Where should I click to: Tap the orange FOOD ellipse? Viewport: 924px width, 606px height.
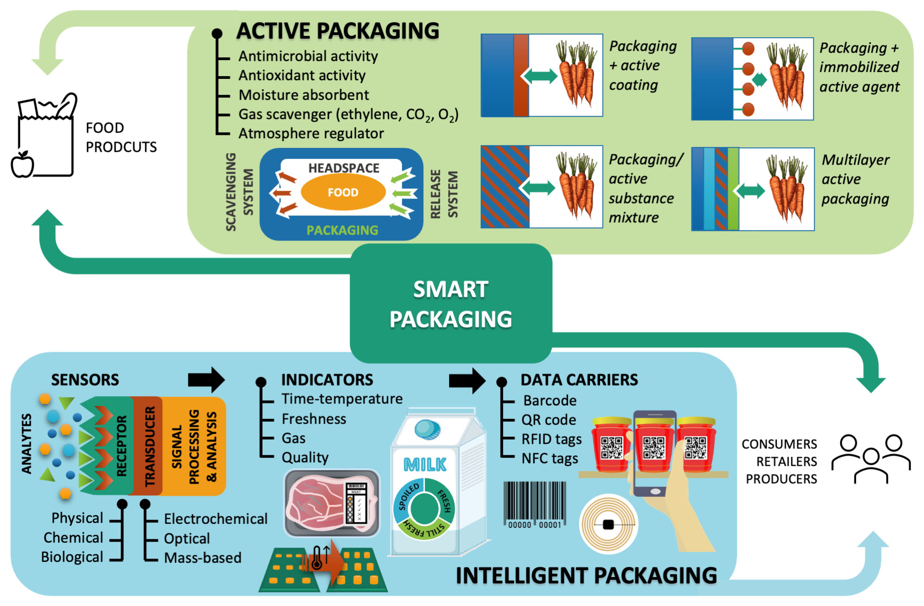[343, 192]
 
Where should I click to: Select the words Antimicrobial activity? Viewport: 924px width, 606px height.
[308, 56]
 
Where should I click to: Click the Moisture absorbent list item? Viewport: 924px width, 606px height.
[304, 95]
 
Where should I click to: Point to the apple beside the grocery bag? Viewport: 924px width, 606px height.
[22, 165]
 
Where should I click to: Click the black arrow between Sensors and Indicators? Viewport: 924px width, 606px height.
[206, 379]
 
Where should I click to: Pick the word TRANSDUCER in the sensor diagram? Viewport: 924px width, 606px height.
[150, 446]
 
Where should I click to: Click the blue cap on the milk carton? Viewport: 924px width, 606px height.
[427, 429]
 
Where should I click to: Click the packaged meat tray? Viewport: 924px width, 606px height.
[332, 503]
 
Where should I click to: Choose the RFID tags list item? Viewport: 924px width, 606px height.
[551, 439]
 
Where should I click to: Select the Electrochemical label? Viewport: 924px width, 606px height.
[215, 519]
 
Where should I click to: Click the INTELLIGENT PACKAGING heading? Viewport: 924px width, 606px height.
[586, 575]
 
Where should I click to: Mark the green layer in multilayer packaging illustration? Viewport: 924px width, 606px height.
[733, 189]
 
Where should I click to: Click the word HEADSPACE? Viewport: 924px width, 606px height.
[344, 168]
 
